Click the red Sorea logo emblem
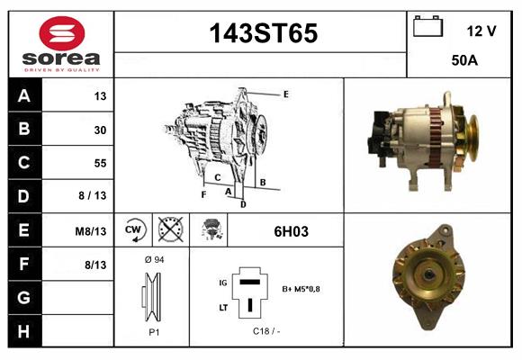click(x=62, y=33)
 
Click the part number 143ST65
click(x=264, y=33)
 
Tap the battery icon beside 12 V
click(x=427, y=26)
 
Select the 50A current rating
click(x=464, y=60)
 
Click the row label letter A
click(x=24, y=96)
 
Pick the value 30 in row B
click(x=100, y=130)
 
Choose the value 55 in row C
click(x=100, y=163)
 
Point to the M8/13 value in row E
click(x=91, y=231)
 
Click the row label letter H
click(x=23, y=331)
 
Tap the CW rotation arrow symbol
click(x=133, y=230)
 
